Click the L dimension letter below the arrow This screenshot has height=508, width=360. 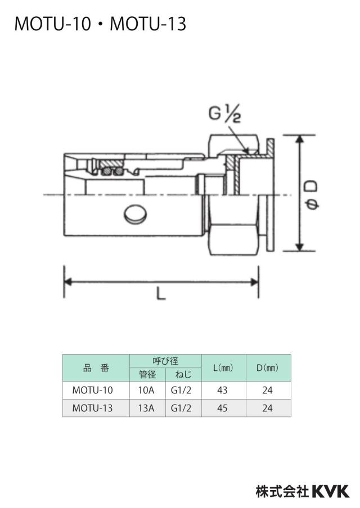161,293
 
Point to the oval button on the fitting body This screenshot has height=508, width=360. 135,214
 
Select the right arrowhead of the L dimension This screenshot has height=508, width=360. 255,282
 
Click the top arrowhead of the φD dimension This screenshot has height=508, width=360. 300,139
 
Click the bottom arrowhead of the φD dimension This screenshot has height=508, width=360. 300,247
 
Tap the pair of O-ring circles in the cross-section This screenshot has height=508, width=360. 112,171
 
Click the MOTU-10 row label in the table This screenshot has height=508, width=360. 92,390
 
